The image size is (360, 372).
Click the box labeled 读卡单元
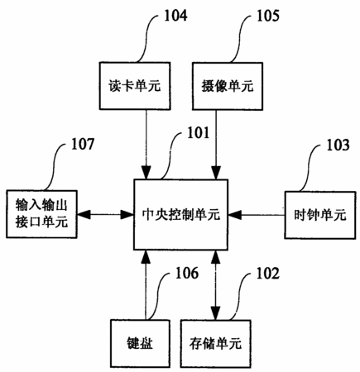click(135, 86)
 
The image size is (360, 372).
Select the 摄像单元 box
click(228, 86)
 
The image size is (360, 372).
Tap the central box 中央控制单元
click(181, 215)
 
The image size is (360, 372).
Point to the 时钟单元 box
click(320, 215)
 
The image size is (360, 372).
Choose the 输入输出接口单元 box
click(41, 214)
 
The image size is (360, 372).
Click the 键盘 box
click(140, 343)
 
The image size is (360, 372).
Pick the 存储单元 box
click(215, 344)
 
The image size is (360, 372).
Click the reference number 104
click(175, 16)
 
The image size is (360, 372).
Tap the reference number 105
click(268, 16)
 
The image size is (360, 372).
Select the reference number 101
click(199, 133)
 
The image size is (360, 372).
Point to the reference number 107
click(83, 144)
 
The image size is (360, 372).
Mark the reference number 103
click(338, 145)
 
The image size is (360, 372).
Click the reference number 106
click(187, 273)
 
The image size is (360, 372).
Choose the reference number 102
click(268, 273)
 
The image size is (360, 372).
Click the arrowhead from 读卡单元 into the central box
click(146, 173)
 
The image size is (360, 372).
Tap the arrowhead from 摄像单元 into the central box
click(216, 173)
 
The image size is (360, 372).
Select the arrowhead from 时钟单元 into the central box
click(235, 215)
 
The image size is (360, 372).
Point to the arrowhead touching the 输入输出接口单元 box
click(84, 214)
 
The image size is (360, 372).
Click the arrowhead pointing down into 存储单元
click(216, 313)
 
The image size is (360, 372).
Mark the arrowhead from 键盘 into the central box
click(146, 257)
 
